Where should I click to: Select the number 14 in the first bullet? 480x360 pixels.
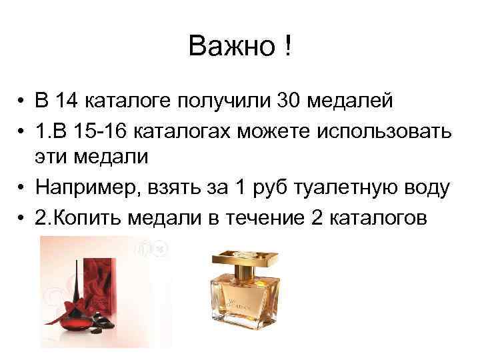pos(67,101)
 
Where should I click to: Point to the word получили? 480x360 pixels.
pos(218,102)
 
